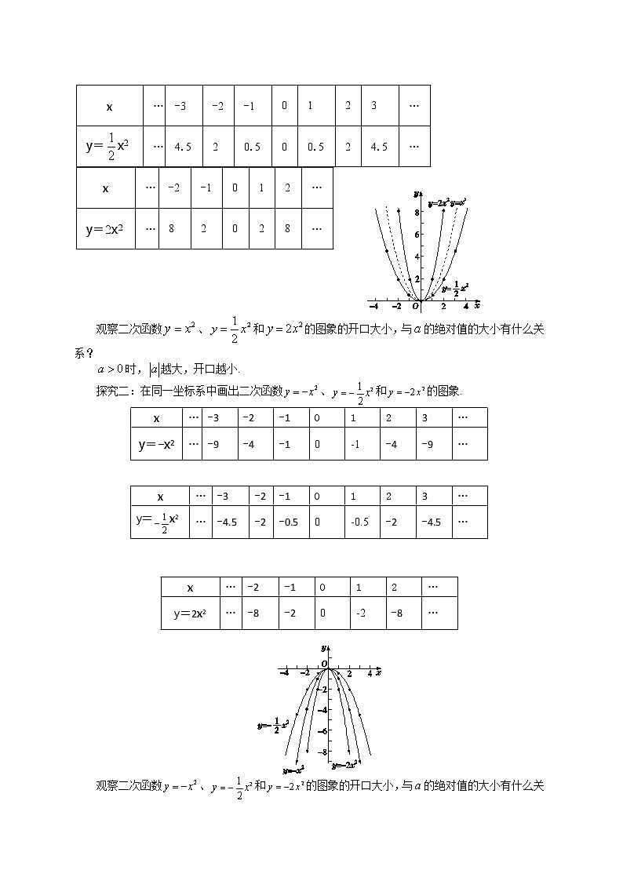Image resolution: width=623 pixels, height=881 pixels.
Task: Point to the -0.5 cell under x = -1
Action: [x=284, y=522]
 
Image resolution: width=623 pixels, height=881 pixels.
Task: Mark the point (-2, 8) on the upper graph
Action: [x=399, y=211]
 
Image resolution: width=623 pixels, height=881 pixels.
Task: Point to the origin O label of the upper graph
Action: [x=416, y=306]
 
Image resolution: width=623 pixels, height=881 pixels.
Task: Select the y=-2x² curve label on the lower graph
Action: [x=345, y=763]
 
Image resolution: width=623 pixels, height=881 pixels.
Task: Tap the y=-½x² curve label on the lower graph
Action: [x=273, y=726]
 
